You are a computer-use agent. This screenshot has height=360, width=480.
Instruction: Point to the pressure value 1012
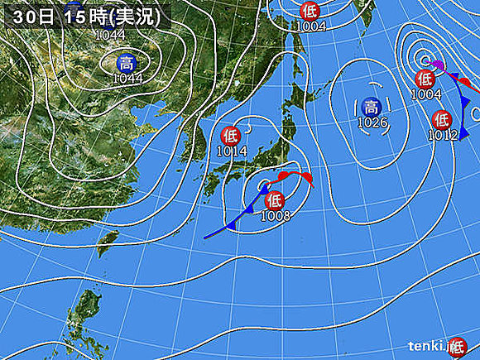pos(444,135)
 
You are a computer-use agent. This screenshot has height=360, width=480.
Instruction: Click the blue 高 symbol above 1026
pos(372,107)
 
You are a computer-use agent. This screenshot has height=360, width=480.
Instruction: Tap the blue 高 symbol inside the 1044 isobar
pos(126,62)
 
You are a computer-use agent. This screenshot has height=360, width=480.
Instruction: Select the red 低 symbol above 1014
pos(232,135)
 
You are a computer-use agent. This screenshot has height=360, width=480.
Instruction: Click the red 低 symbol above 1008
pos(273,199)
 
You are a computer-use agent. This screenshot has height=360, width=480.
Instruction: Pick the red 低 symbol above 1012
pos(440,120)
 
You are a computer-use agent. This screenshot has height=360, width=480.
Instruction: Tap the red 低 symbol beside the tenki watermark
pos(454,347)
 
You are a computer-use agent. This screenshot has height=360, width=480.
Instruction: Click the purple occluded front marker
pos(439,66)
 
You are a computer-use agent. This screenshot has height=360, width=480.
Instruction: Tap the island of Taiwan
pos(105,242)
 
